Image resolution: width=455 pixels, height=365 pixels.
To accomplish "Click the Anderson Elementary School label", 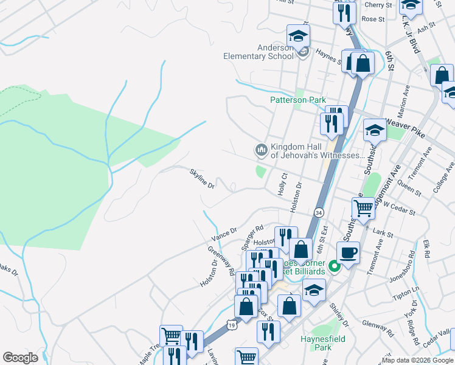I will (x=259, y=52).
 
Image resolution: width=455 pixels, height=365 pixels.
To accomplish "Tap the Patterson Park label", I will (x=298, y=100).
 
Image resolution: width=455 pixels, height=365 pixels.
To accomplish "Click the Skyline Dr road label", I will (x=203, y=178).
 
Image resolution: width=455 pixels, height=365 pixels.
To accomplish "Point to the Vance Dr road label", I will (x=224, y=234).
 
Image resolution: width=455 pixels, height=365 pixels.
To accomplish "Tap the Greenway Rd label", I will (x=221, y=261).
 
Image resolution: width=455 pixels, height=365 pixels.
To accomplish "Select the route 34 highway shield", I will (x=319, y=212).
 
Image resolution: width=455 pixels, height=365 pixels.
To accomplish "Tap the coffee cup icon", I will (x=348, y=252).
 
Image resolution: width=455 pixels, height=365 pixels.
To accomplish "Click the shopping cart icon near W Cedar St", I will (x=363, y=208).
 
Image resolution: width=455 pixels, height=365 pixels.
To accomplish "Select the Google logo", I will (x=21, y=358).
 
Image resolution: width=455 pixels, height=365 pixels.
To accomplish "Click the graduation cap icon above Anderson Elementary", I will (x=298, y=36).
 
